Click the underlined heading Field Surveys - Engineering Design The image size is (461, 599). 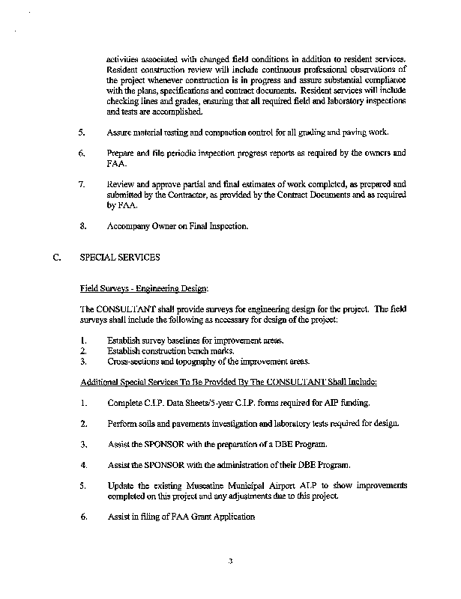coord(143,288)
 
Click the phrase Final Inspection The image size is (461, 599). coord(225,225)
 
